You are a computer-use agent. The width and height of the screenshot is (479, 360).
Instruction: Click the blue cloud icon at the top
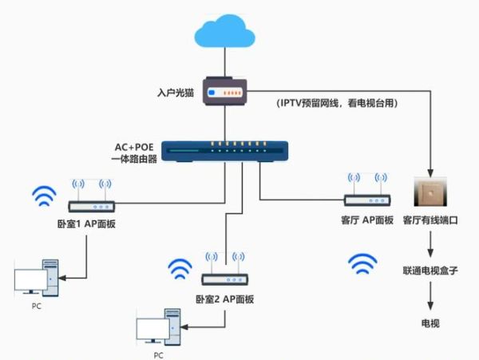click(x=226, y=34)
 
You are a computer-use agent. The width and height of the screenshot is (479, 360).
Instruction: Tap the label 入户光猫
click(x=177, y=93)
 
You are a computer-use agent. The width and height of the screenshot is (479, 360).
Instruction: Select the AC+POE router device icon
click(x=226, y=149)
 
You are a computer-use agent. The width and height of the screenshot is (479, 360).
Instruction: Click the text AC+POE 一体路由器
click(x=133, y=152)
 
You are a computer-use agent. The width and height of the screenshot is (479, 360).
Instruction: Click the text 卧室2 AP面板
click(x=224, y=299)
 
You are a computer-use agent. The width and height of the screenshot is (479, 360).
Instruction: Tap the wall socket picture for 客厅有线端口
click(x=431, y=196)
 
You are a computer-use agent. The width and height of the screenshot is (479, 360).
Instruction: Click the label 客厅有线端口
click(x=430, y=220)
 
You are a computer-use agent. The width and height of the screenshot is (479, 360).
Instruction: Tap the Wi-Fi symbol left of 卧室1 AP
click(x=44, y=196)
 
